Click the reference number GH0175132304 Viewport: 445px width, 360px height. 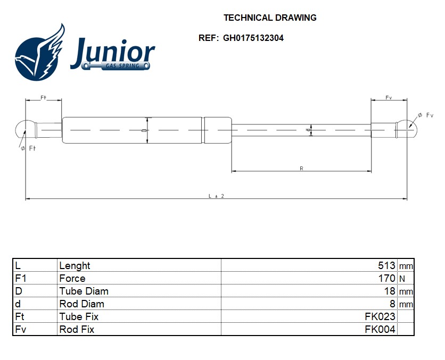pos(253,38)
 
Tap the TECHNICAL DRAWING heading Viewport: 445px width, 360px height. pos(270,18)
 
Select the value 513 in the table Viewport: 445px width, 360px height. pos(386,265)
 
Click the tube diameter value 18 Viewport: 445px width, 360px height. pos(390,291)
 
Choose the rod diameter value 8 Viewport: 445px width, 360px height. pos(392,304)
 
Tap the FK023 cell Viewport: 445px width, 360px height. pos(380,316)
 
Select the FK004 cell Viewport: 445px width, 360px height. pos(380,329)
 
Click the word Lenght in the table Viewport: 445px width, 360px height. pos(75,265)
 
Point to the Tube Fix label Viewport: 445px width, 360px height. pos(79,316)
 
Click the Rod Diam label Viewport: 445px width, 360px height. pos(81,304)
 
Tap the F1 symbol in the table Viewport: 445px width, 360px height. pos(20,278)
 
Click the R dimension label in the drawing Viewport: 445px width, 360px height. pos(301,168)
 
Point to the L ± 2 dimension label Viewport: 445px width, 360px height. pos(216,196)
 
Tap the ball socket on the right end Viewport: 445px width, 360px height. pos(408,128)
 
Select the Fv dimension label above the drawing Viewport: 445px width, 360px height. pos(389,98)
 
